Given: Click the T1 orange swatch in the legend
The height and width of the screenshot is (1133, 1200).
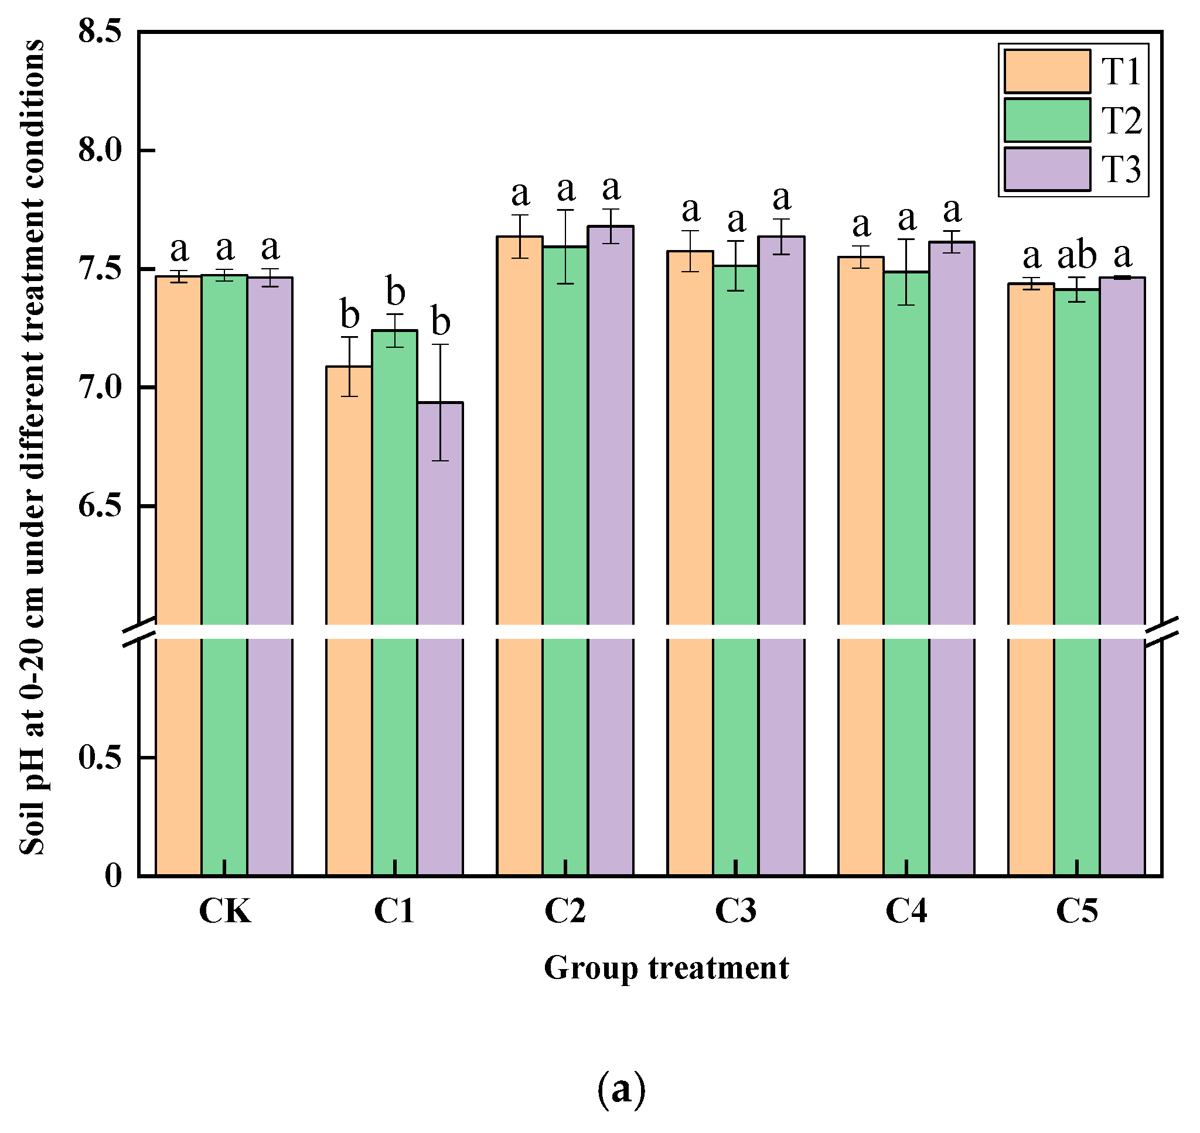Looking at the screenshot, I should click(1047, 71).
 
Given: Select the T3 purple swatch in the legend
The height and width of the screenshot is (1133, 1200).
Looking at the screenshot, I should click(1047, 169).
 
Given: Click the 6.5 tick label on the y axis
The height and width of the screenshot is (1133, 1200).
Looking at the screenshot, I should click(100, 505).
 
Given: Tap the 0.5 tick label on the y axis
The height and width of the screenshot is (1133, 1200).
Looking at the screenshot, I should click(100, 757).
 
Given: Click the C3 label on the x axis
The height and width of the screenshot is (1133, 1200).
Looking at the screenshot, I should click(735, 911).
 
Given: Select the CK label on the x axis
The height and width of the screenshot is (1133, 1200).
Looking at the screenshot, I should click(225, 911).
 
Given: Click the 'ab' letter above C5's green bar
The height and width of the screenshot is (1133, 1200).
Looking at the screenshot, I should click(1077, 256).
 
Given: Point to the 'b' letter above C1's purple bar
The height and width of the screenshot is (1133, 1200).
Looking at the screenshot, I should click(441, 322).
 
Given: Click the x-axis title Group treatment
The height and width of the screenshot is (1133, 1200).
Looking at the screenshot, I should click(666, 968).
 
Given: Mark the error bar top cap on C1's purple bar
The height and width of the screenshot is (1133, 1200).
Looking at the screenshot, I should click(441, 345).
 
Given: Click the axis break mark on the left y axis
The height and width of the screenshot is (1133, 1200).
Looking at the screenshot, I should click(139, 631).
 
